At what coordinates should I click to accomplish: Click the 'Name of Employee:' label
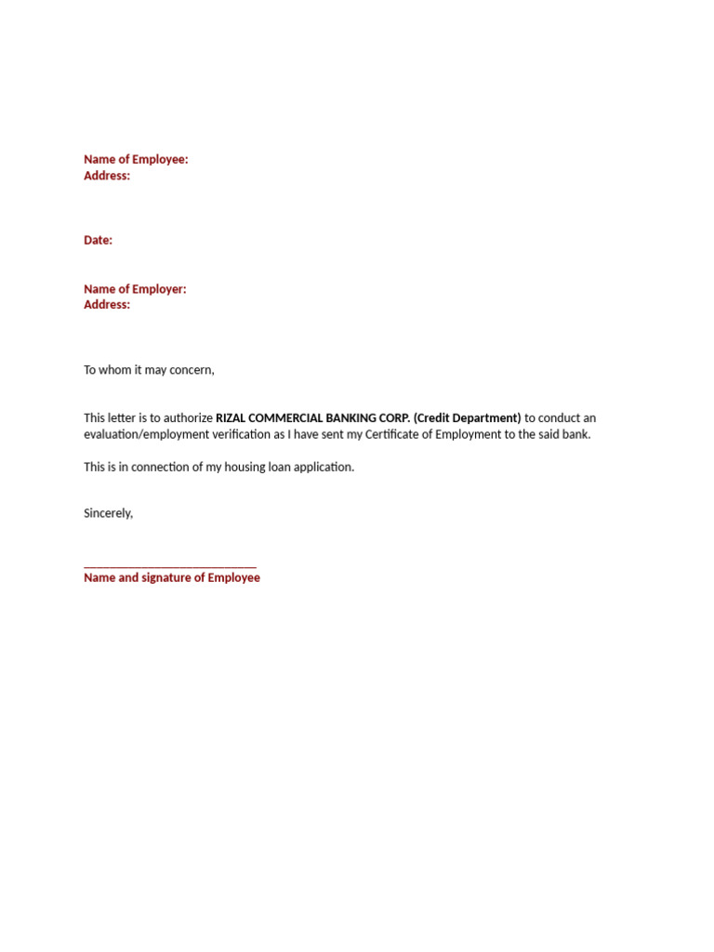tap(136, 160)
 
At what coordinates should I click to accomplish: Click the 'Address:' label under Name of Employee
tap(107, 176)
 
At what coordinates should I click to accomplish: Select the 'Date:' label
tap(98, 240)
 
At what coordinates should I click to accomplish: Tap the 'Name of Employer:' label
tap(135, 289)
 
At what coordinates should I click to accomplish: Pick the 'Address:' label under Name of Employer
tap(107, 305)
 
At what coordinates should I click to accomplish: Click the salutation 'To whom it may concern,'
tap(149, 370)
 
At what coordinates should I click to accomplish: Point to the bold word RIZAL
tap(232, 418)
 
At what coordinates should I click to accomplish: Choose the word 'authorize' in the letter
tap(188, 418)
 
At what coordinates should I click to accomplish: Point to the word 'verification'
tap(243, 434)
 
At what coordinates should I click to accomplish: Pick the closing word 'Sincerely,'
tap(108, 513)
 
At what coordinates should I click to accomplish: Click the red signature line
tap(170, 566)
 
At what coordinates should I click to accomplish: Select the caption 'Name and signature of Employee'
tap(172, 577)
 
